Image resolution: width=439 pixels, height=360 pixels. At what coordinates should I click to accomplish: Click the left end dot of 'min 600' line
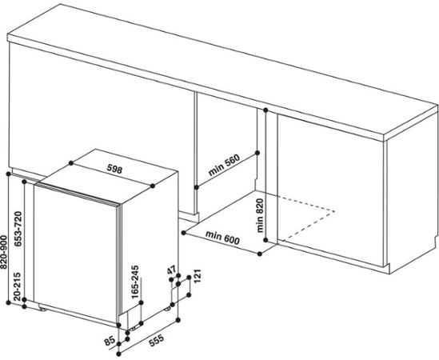(183, 231)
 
